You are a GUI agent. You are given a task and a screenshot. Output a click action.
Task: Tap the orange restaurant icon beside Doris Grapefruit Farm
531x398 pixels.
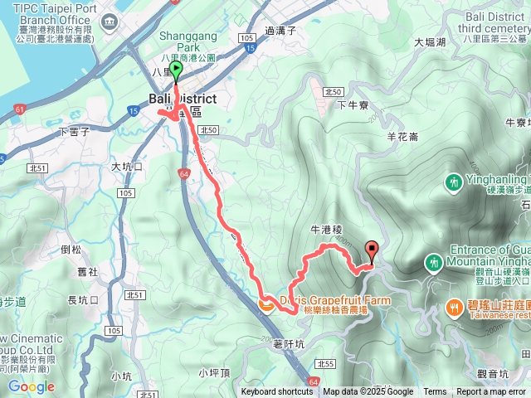266,304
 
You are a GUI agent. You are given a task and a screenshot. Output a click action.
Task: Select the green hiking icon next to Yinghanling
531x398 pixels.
453,180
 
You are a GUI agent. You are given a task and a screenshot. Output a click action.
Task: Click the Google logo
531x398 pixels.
31,386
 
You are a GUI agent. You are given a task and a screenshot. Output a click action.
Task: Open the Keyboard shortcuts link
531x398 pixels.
277,392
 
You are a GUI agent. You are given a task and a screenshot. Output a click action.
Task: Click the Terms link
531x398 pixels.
435,392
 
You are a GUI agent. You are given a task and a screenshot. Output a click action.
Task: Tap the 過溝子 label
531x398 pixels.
280,30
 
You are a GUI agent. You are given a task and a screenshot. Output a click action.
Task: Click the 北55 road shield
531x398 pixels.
324,363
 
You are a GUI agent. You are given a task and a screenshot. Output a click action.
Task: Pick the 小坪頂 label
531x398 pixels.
214,372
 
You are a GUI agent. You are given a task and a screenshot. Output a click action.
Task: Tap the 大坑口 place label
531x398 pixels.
127,167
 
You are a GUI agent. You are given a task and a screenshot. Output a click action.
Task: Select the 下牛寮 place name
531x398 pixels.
353,105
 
